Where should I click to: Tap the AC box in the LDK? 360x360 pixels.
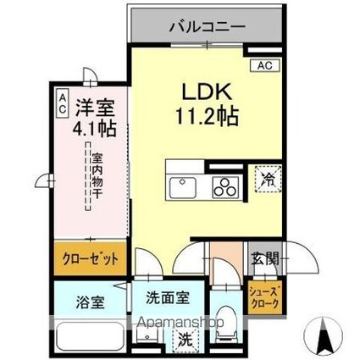263,64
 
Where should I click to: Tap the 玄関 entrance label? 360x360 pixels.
261,258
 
